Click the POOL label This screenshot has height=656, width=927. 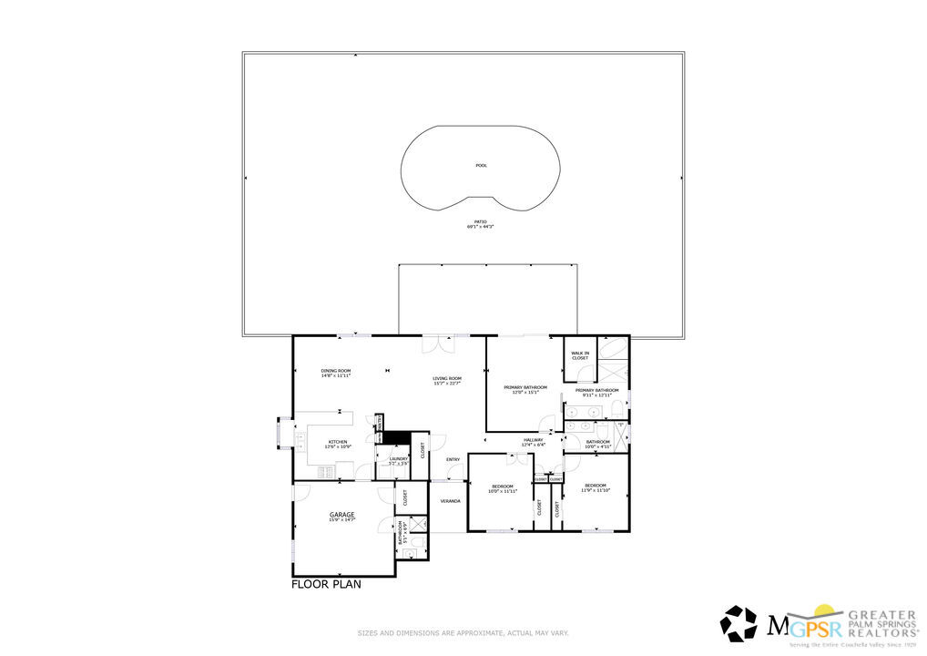(481, 166)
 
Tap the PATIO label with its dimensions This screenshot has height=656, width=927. (480, 224)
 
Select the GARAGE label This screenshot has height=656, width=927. (341, 517)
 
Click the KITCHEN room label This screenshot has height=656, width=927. (338, 444)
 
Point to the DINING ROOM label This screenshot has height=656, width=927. (336, 373)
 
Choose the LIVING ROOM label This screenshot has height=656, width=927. (447, 381)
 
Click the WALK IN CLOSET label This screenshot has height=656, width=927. (580, 355)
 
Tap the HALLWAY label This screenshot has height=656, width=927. (533, 442)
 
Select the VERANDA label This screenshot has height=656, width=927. (450, 501)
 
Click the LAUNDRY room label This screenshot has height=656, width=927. (398, 461)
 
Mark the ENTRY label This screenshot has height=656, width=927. (453, 459)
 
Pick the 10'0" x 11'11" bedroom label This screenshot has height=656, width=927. (502, 488)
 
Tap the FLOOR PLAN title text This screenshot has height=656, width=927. (326, 585)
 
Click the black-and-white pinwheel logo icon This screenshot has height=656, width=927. (739, 624)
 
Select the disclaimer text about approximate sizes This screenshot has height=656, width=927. (463, 632)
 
